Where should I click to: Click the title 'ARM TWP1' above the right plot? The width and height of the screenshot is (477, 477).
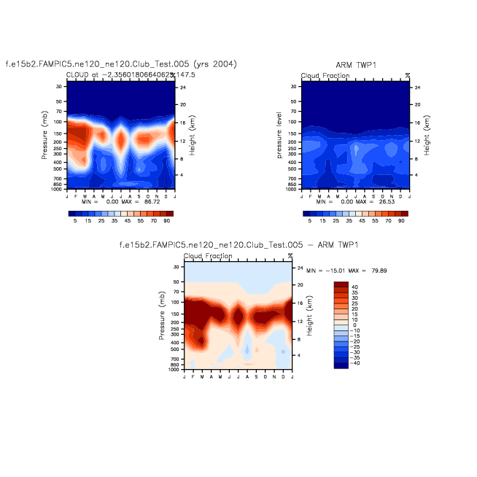coord(354,65)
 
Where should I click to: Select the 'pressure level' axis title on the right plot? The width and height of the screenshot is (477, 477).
coord(279,135)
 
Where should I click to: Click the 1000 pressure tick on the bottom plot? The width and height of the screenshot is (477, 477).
coord(176,370)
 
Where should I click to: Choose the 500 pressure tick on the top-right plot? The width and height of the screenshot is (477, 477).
coord(294,168)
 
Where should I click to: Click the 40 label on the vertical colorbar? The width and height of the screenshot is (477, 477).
coord(354,287)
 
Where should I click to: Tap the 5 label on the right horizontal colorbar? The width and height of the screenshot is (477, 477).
coord(310,220)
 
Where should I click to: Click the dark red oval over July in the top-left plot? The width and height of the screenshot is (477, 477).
coord(121,139)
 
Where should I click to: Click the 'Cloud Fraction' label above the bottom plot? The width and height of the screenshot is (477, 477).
coord(208,256)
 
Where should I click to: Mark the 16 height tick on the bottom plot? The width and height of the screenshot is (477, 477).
coord(296,302)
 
